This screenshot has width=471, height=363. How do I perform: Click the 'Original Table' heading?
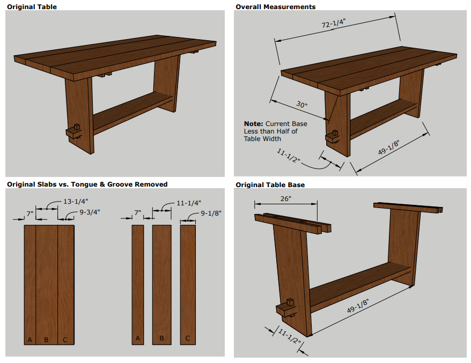point(32,6)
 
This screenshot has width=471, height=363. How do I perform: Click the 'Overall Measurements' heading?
point(276,6)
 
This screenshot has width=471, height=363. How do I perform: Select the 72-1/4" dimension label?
point(333,25)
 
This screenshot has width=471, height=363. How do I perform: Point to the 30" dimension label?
point(301,105)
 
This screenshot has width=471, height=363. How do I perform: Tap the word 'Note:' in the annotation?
point(253,124)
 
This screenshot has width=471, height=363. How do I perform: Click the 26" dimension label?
point(285,198)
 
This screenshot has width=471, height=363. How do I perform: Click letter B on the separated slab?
point(161,338)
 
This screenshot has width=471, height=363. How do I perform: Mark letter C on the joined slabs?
point(65,339)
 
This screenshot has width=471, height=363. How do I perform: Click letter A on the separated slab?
point(138,338)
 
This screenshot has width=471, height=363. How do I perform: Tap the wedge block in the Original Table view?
point(75,131)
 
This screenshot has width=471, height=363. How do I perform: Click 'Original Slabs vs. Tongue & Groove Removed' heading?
point(87,184)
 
